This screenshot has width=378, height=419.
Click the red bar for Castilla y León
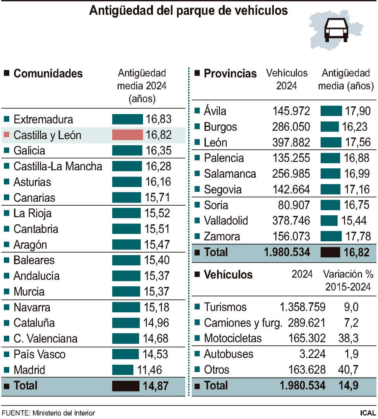point(127,135)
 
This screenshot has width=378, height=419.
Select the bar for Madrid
point(122,370)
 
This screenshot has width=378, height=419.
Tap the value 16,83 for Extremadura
point(159,119)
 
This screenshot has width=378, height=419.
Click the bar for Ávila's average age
point(331,111)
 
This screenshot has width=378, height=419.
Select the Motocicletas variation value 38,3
point(351,338)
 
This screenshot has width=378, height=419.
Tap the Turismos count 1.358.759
point(302,307)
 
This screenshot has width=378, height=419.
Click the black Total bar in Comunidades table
point(125,386)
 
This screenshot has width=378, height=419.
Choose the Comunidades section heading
point(48,73)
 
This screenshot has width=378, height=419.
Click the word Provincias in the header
point(230,73)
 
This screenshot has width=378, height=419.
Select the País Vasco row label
point(40,354)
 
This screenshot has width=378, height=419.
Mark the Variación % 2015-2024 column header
point(348,280)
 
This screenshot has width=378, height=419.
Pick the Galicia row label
point(29,151)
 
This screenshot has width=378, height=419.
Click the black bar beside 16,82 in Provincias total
point(330,252)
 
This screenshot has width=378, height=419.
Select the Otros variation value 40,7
point(351,370)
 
